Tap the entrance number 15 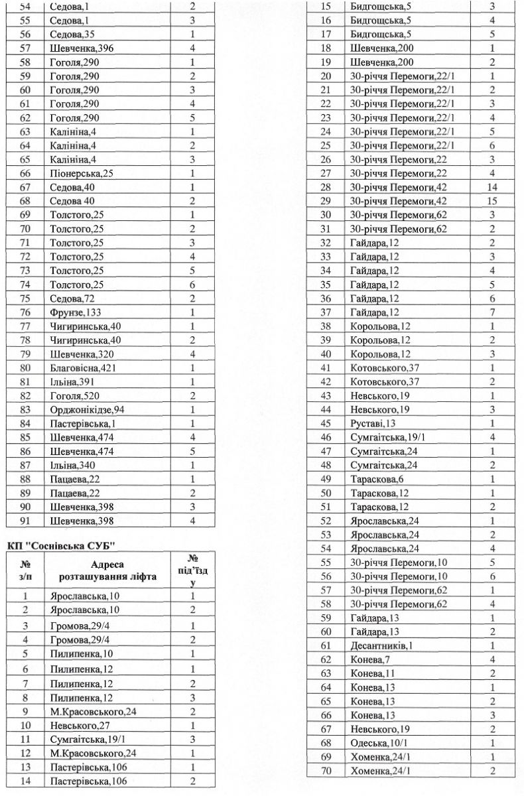click(492, 200)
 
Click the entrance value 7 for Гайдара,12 click(492, 312)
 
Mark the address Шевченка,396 click(78, 48)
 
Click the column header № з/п click(26, 570)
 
